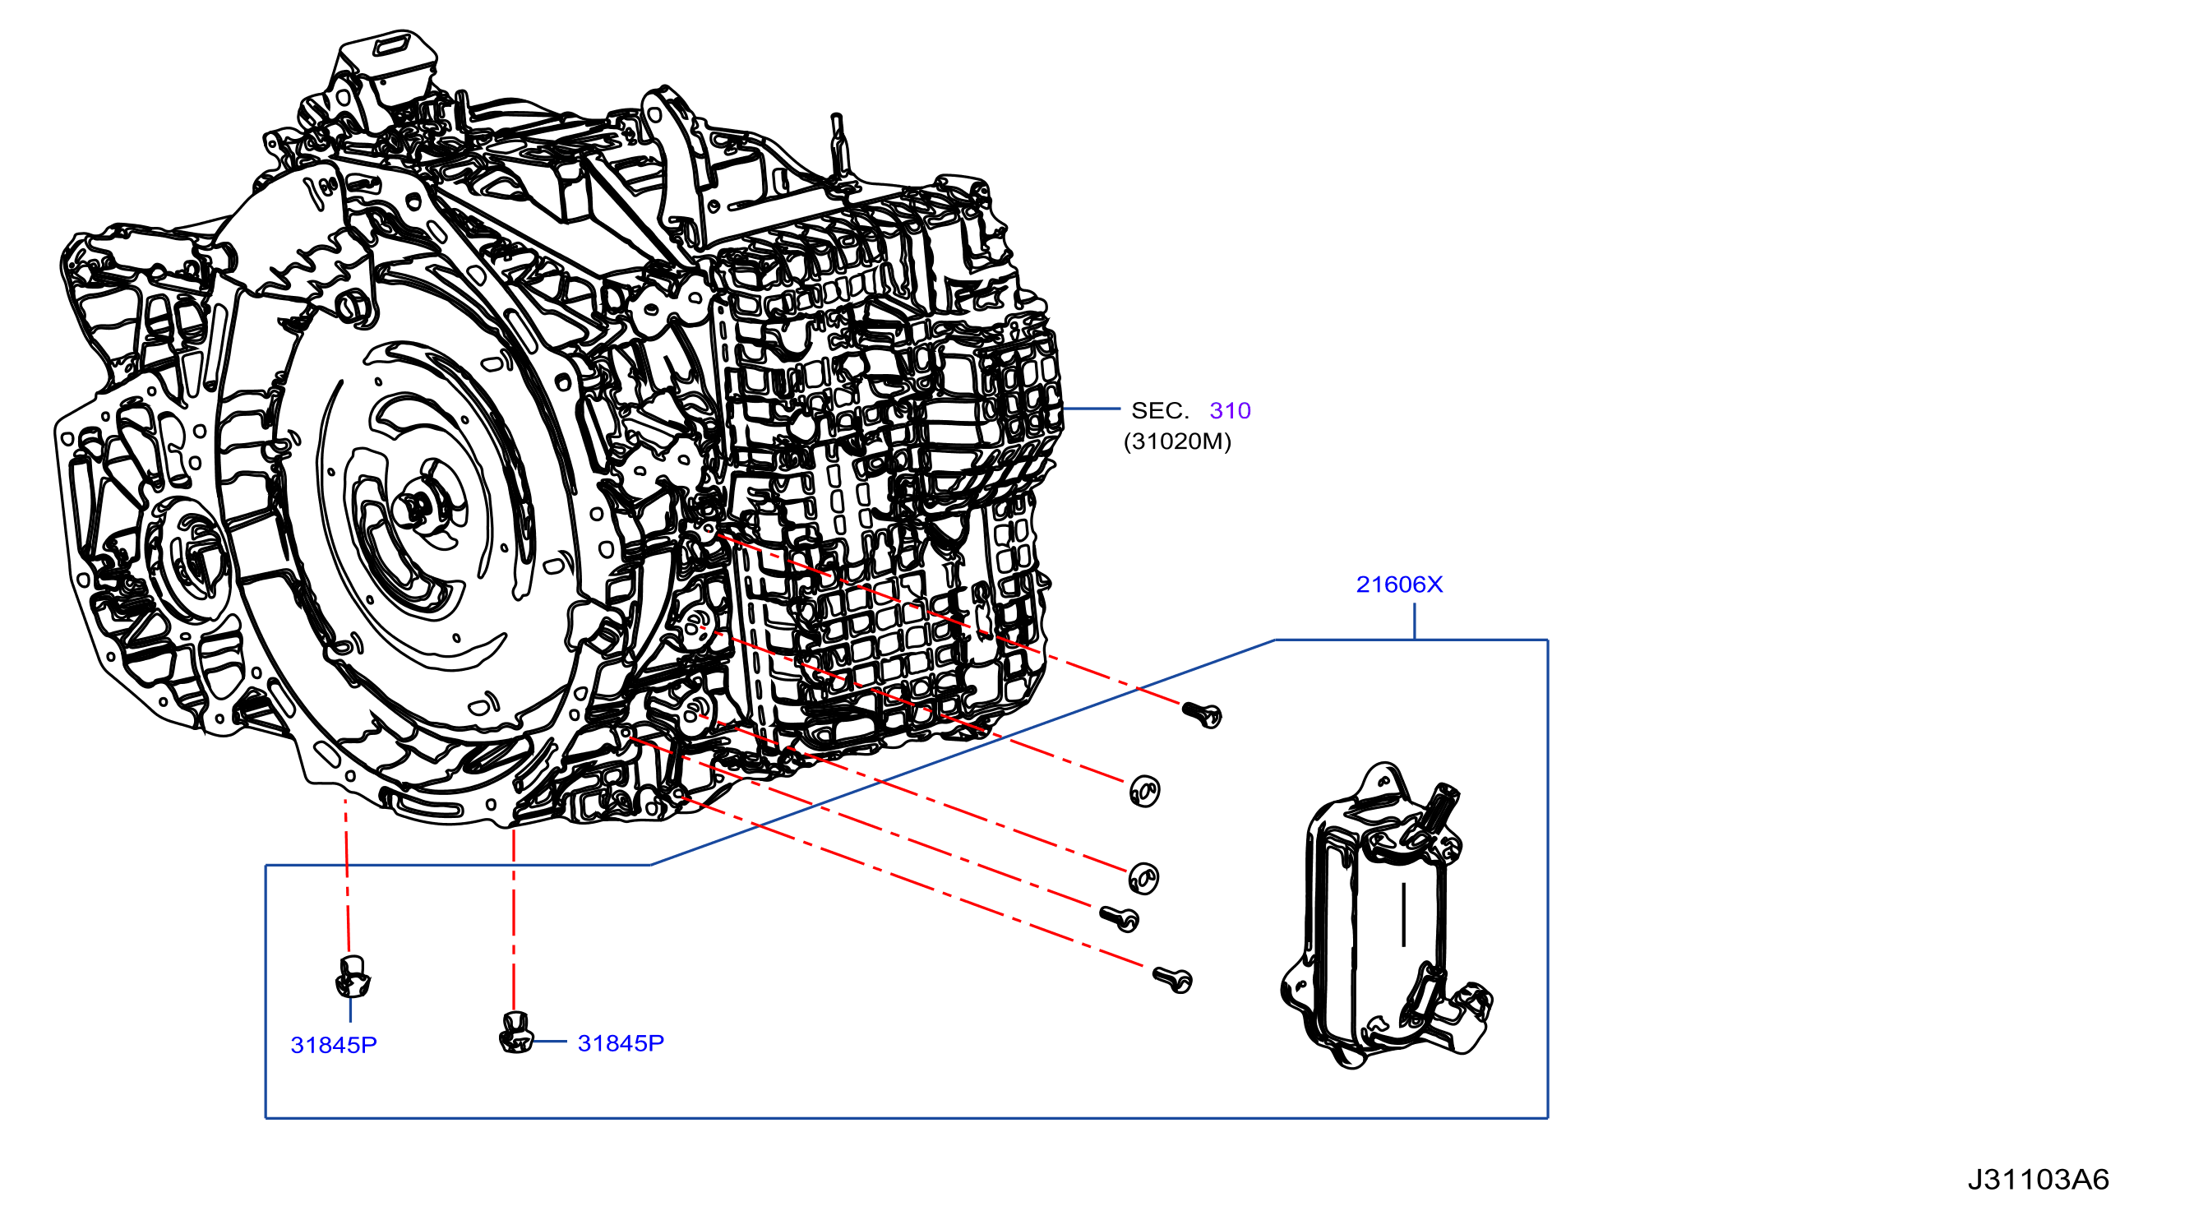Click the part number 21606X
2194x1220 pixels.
(x=1398, y=585)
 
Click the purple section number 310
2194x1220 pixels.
(x=1230, y=411)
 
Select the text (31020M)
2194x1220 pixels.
(x=1177, y=441)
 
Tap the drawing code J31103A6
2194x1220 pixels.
(x=2038, y=1179)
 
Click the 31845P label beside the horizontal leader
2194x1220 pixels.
(x=621, y=1042)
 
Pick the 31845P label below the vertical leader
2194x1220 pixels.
(x=334, y=1045)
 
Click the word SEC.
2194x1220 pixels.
(x=1160, y=411)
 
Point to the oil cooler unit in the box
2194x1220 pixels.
(x=1386, y=916)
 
